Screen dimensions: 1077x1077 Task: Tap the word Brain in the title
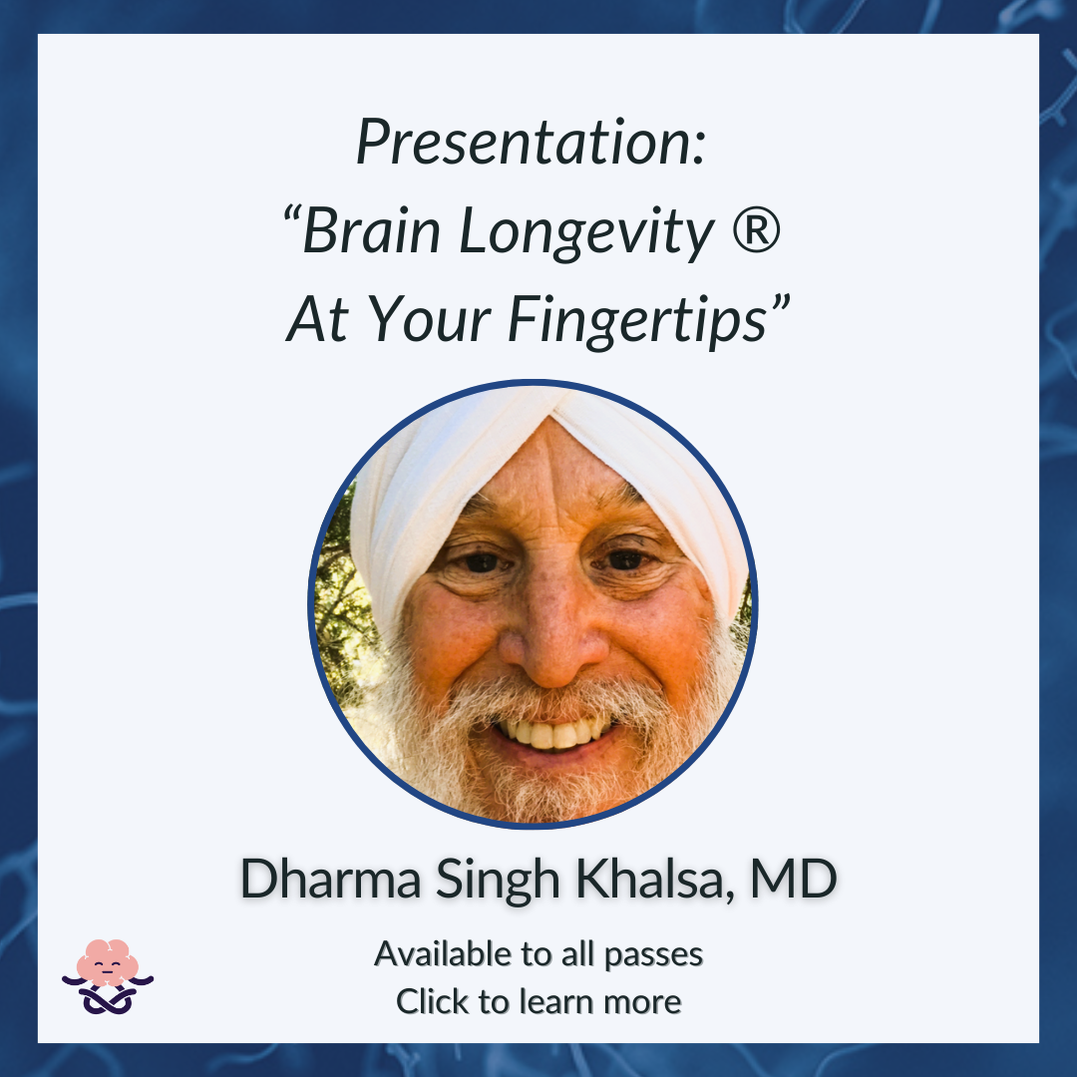[371, 230]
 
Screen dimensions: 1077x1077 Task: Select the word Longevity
[586, 233]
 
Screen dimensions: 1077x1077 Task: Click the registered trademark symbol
[756, 230]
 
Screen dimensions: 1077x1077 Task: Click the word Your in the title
[429, 319]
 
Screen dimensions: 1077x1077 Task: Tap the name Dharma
[330, 879]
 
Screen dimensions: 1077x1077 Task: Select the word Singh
[498, 882]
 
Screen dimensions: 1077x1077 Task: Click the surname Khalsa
[650, 879]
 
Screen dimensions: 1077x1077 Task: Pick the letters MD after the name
[794, 879]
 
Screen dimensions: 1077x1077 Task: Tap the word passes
[653, 956]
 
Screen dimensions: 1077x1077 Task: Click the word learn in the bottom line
[557, 1001]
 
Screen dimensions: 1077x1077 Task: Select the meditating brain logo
[108, 976]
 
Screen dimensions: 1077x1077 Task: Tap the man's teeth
[551, 734]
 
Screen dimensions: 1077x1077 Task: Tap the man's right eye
[481, 562]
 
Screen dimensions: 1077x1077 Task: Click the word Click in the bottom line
[433, 1001]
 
